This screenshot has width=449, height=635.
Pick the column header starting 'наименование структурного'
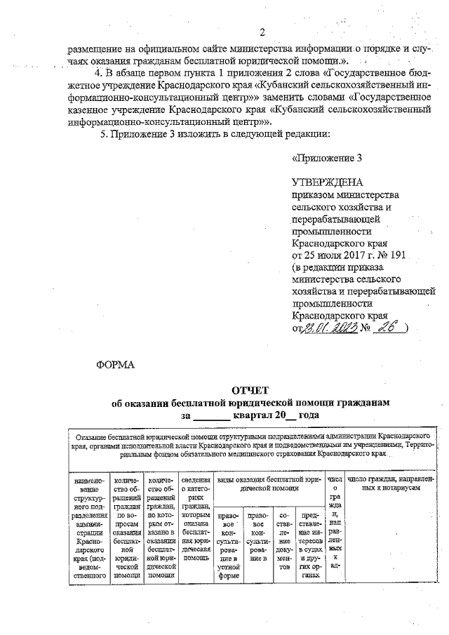coord(86,526)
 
